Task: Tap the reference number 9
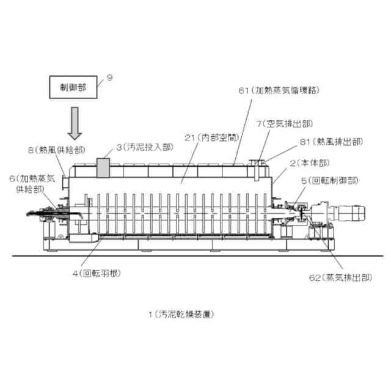pyautogui.click(x=109, y=78)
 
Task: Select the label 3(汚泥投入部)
pyautogui.click(x=144, y=148)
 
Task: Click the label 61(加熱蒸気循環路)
pyautogui.click(x=279, y=90)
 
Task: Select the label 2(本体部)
pyautogui.click(x=309, y=163)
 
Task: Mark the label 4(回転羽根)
pyautogui.click(x=97, y=272)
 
